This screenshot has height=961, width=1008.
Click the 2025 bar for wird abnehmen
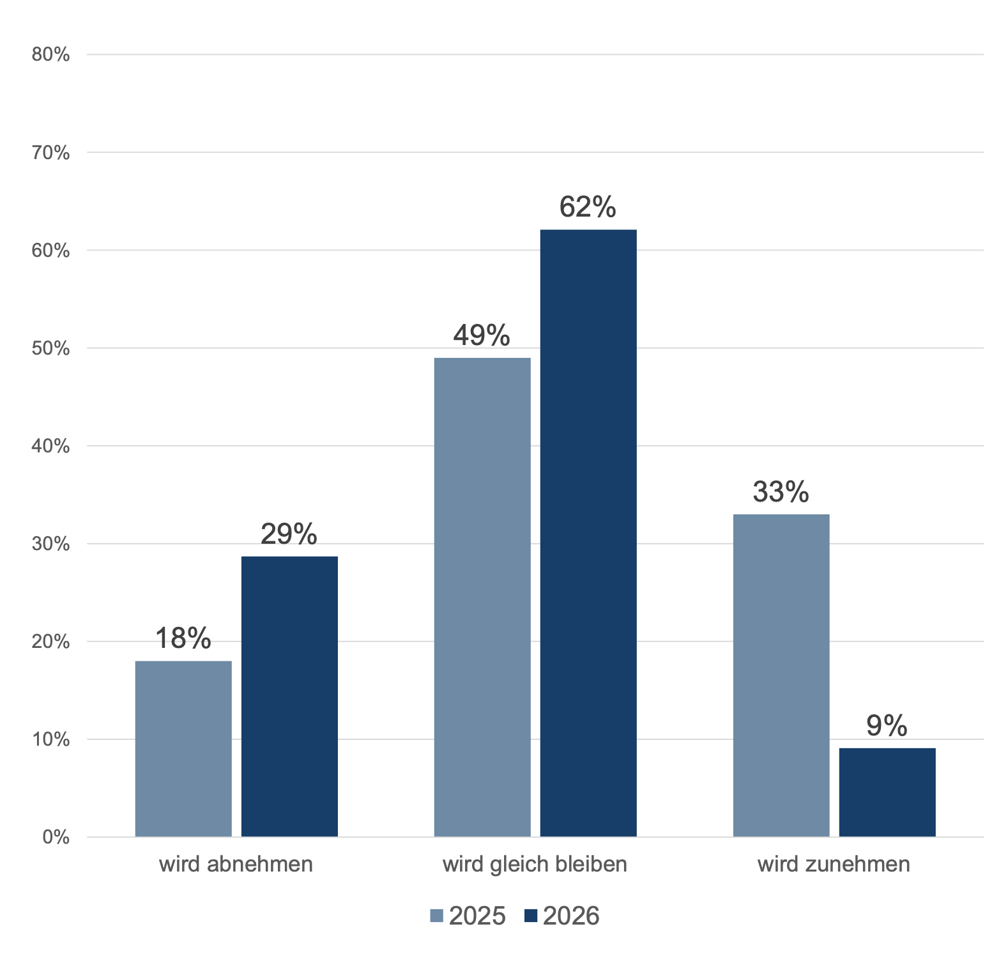point(183,748)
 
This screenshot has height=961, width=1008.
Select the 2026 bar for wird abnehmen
point(289,696)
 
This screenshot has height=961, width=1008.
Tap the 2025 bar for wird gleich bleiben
point(482,597)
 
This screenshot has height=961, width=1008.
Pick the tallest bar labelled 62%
point(588,533)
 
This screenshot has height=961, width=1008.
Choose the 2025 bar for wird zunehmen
point(781,675)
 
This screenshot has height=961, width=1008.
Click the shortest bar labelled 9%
point(887,792)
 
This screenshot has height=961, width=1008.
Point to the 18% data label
point(183,638)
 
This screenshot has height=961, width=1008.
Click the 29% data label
point(289,534)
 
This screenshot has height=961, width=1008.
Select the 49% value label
point(482,335)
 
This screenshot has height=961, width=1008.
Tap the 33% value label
point(781,492)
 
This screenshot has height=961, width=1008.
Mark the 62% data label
point(588,207)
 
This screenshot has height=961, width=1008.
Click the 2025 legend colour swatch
point(437,916)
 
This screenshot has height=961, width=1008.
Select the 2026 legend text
point(571,916)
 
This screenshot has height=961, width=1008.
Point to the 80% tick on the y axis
point(50,55)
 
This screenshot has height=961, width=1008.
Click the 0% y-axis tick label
point(56,837)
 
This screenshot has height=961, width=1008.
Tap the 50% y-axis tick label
point(50,348)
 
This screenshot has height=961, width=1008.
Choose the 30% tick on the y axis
point(50,544)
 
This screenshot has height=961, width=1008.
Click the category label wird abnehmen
point(236,864)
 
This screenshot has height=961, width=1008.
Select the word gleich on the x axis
point(518,865)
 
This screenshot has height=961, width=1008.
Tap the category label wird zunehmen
point(834,864)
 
